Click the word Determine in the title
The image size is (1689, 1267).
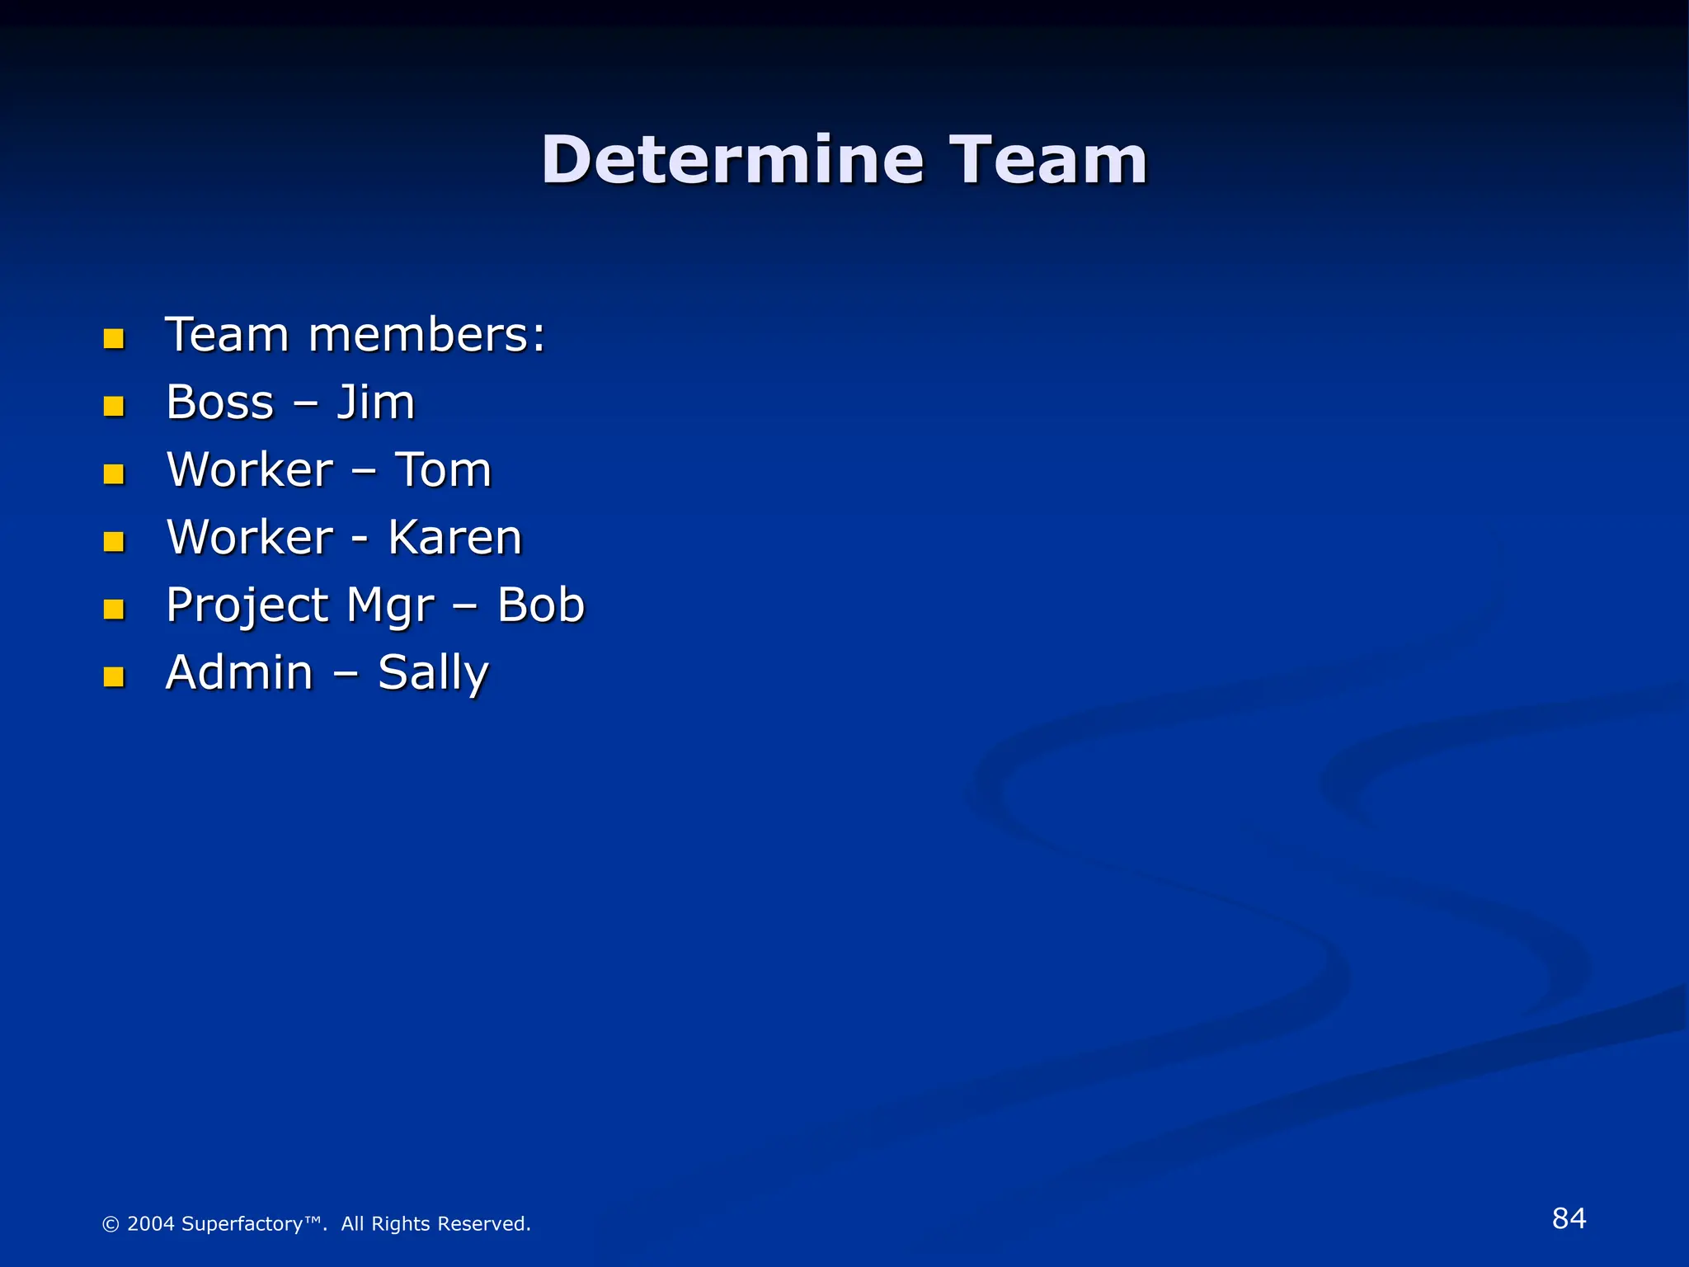[x=732, y=160]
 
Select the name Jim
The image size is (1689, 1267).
[x=375, y=403]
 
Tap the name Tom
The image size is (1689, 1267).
[x=443, y=470]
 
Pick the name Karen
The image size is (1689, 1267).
[x=455, y=538]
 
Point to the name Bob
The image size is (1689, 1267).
[x=540, y=605]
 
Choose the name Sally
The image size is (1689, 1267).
[x=433, y=673]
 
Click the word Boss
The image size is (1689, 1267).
[x=219, y=403]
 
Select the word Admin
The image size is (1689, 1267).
[x=239, y=673]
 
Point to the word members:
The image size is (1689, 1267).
[x=426, y=336]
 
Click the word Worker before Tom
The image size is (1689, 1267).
[x=250, y=470]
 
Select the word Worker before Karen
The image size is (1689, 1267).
[x=250, y=538]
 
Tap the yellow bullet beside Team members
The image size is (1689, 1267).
[x=114, y=338]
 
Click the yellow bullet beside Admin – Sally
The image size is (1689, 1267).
[x=114, y=677]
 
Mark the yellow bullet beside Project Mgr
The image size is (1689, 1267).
[x=114, y=610]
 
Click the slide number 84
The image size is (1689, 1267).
[x=1569, y=1218]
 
